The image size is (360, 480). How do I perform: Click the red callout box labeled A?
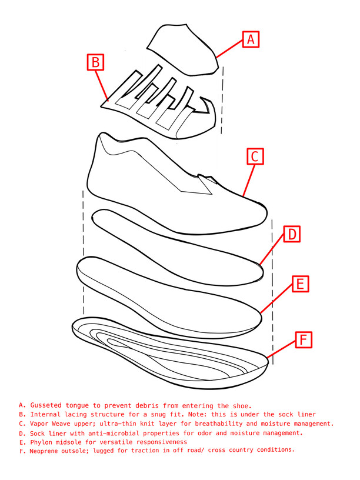(x=251, y=39)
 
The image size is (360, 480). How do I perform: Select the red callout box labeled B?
(x=95, y=62)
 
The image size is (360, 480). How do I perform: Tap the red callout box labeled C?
(x=255, y=156)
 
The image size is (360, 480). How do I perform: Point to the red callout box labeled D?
(x=292, y=234)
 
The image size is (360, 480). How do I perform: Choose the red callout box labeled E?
(x=301, y=284)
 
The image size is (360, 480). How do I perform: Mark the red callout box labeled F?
(x=304, y=340)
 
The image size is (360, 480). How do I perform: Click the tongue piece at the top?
(x=184, y=49)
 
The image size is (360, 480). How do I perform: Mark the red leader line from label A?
(x=229, y=48)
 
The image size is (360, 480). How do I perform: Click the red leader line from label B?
(x=102, y=86)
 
